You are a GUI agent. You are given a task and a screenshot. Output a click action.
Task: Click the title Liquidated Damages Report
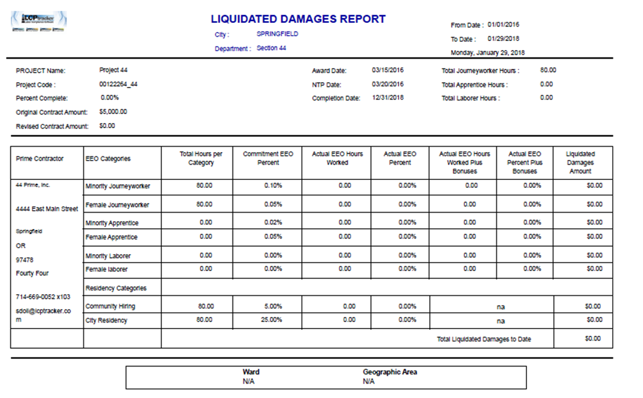[298, 19]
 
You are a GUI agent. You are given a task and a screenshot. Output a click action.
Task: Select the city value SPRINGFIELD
[277, 34]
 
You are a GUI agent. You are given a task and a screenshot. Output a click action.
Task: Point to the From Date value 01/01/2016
[504, 25]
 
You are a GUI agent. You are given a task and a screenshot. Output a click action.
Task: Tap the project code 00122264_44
[118, 85]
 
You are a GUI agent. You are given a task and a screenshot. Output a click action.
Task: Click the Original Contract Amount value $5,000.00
[113, 112]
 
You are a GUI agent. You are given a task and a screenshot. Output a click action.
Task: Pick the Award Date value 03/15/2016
[388, 70]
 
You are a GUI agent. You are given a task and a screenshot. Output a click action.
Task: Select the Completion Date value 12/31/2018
[388, 98]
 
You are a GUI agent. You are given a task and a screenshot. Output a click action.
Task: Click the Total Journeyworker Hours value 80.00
[548, 70]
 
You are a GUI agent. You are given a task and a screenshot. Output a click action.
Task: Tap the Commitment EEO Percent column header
[268, 158]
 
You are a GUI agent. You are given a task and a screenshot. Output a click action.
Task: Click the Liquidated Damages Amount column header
[580, 162]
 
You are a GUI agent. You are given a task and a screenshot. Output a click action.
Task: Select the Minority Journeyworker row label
[118, 186]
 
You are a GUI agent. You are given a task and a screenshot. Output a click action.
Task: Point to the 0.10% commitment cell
[273, 185]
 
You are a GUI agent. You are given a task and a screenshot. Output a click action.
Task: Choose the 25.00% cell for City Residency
[271, 319]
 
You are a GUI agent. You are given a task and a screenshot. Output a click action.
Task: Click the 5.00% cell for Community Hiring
[273, 306]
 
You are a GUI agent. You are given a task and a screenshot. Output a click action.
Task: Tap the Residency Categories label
[116, 288]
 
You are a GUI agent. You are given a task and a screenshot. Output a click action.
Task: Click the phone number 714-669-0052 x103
[43, 297]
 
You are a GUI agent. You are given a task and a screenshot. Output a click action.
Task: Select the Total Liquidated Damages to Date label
[484, 339]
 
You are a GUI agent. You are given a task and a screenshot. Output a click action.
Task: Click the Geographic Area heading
[389, 372]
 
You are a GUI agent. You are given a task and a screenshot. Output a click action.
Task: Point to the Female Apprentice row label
[112, 237]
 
